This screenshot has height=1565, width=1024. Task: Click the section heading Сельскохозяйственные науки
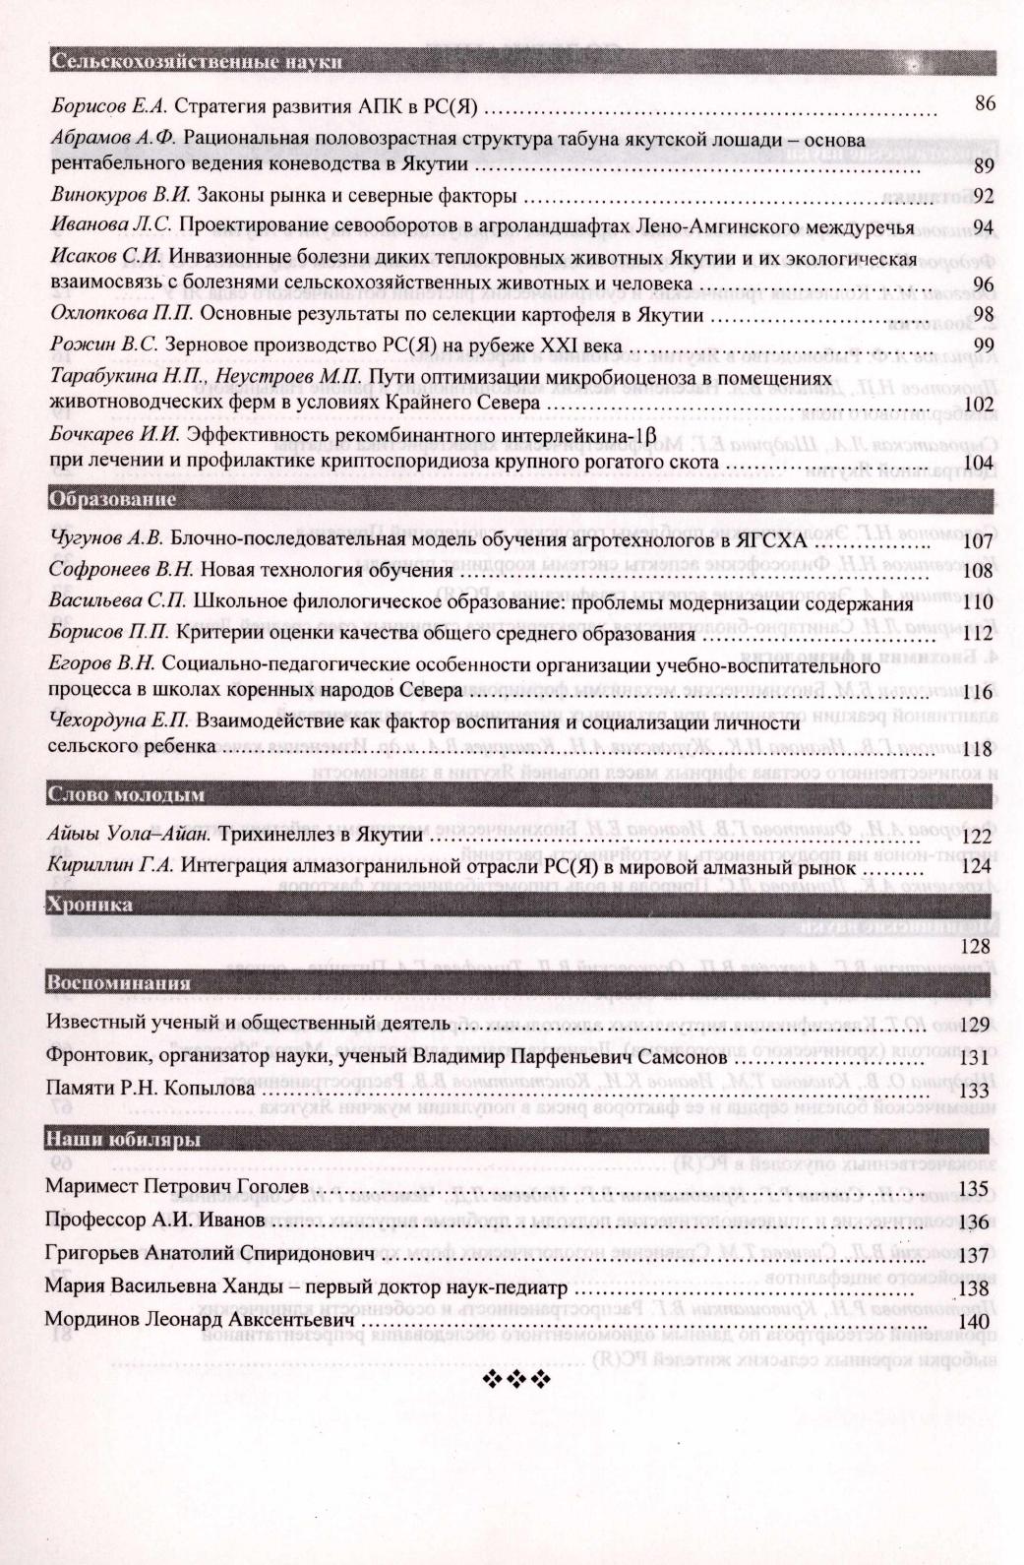click(197, 63)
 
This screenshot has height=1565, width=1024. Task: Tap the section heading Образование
click(112, 499)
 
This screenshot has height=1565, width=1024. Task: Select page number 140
click(974, 1321)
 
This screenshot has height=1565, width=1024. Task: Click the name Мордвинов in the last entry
click(91, 1321)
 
